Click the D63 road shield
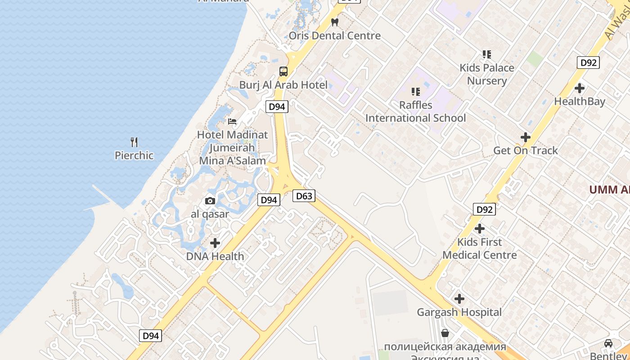point(304,196)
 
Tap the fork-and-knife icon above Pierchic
point(134,142)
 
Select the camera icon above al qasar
point(210,201)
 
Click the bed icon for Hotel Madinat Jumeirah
point(232,121)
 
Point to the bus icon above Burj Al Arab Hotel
point(283,72)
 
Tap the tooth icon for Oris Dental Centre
point(334,22)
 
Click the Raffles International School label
point(415,112)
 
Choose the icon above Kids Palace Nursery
point(486,54)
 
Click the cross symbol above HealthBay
point(580,88)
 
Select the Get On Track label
point(526,151)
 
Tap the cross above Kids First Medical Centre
point(480,229)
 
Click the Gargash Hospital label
point(459,312)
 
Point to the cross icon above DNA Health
point(215,243)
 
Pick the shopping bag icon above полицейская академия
point(445,333)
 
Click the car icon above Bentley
point(608,343)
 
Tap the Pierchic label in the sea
point(134,156)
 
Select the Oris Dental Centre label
point(335,36)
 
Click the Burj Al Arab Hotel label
point(283,85)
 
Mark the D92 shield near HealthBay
point(588,63)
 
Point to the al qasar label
point(210,214)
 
